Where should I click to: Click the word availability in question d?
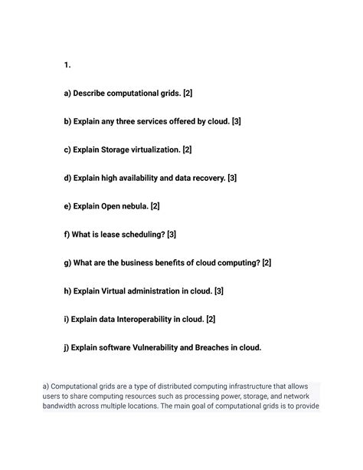146,178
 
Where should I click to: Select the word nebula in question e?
134,206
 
